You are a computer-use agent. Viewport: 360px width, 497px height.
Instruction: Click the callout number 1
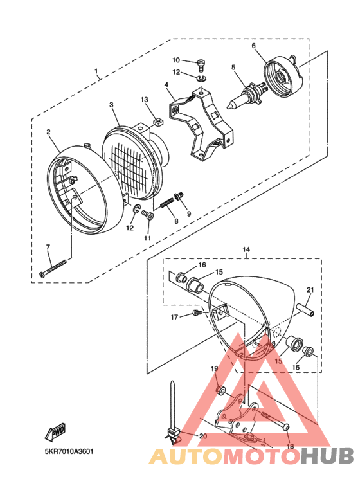tap(96, 71)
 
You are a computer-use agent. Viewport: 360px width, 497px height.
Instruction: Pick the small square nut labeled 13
tap(156, 120)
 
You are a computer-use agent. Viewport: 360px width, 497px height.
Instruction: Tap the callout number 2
tap(48, 133)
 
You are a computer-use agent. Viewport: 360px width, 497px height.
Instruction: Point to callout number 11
tap(147, 239)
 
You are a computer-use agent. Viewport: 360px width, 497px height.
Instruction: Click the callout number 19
tap(215, 369)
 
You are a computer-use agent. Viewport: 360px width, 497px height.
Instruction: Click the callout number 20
tap(203, 437)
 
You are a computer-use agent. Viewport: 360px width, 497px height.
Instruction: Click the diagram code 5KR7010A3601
tap(69, 451)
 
